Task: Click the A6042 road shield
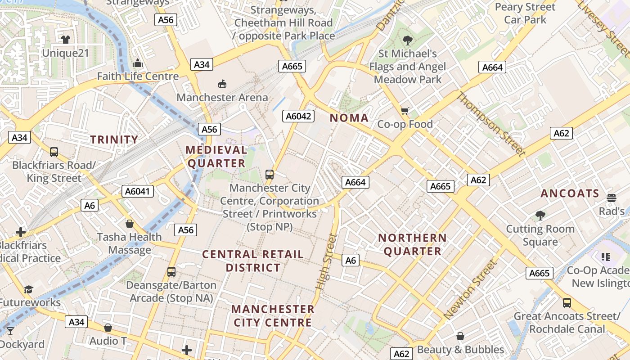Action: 299,116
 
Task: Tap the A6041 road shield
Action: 138,191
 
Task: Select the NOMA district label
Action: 349,118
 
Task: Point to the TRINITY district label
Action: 114,139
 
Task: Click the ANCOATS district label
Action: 570,193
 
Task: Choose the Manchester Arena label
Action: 222,97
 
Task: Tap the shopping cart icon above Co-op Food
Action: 405,111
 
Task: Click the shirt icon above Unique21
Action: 66,40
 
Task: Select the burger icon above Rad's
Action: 611,198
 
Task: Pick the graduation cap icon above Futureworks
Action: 29,289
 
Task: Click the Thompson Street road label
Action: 491,124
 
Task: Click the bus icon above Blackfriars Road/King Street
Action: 54,152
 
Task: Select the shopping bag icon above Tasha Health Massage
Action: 130,223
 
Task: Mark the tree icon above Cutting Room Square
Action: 540,216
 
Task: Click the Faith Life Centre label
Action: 138,76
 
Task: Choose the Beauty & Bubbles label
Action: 460,349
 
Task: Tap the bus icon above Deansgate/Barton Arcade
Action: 171,272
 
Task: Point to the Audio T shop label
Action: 108,341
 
